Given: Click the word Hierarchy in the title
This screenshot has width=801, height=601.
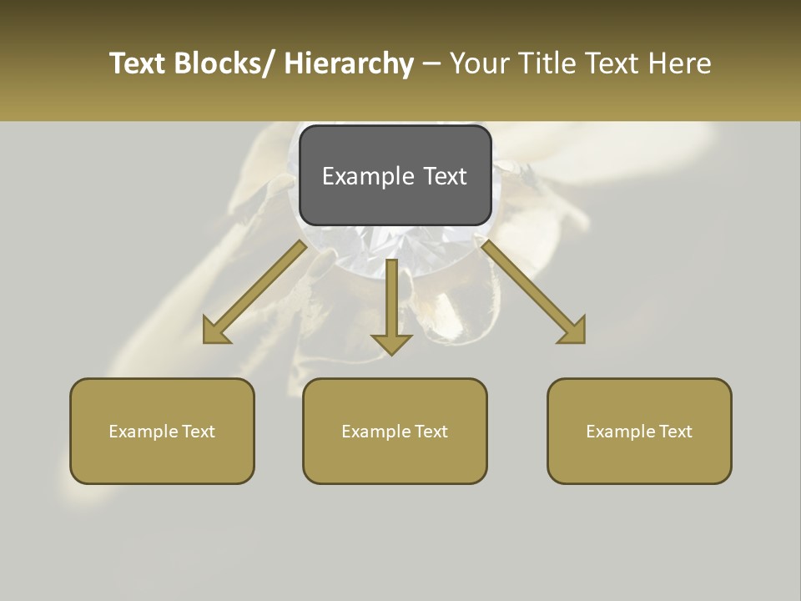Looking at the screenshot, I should tap(349, 63).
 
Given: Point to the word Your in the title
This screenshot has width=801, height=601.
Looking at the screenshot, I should tap(480, 63).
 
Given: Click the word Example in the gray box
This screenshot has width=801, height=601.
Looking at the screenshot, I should tap(368, 177).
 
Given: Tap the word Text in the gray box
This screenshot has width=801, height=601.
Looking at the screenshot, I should tap(445, 176).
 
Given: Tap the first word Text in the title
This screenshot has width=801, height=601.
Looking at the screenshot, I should tap(139, 63).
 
